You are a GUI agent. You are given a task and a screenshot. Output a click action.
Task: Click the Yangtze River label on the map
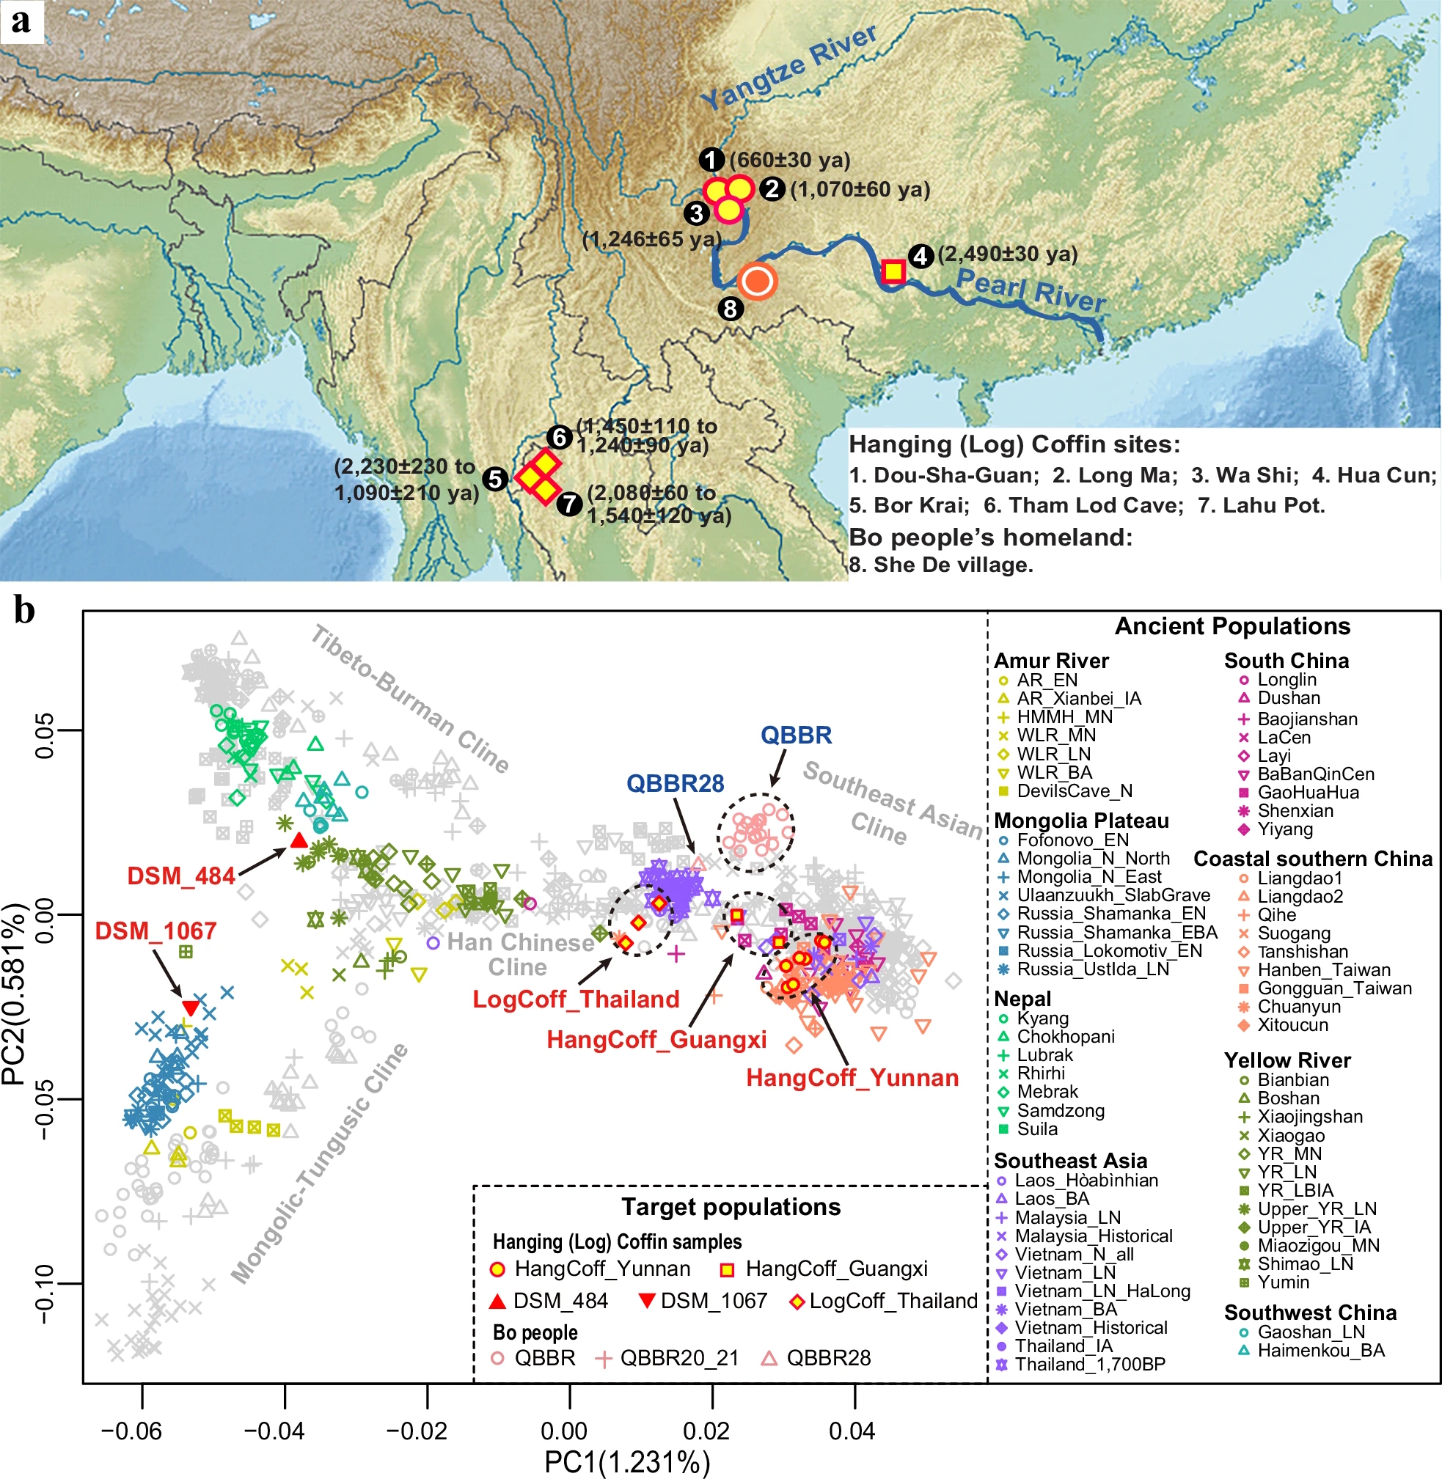(x=788, y=67)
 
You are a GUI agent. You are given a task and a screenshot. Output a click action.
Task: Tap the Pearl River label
(x=1030, y=290)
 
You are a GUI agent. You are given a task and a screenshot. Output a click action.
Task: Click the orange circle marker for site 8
(x=758, y=282)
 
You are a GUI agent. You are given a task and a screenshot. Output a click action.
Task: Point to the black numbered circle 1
(x=711, y=160)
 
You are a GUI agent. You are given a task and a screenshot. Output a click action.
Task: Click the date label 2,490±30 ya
(x=1007, y=254)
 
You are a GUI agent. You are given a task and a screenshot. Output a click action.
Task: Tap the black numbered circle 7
(x=569, y=504)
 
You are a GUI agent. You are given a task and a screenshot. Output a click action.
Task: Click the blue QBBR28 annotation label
(x=675, y=783)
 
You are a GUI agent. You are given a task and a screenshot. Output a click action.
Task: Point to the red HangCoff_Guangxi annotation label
(x=656, y=1040)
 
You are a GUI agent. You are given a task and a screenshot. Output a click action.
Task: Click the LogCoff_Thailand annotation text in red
(x=576, y=999)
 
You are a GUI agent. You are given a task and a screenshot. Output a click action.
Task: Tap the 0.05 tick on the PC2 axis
(x=45, y=730)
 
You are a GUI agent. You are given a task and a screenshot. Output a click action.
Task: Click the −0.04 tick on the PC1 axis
(x=284, y=1431)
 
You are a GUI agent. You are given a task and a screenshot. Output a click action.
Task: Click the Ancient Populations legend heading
(x=1232, y=626)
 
